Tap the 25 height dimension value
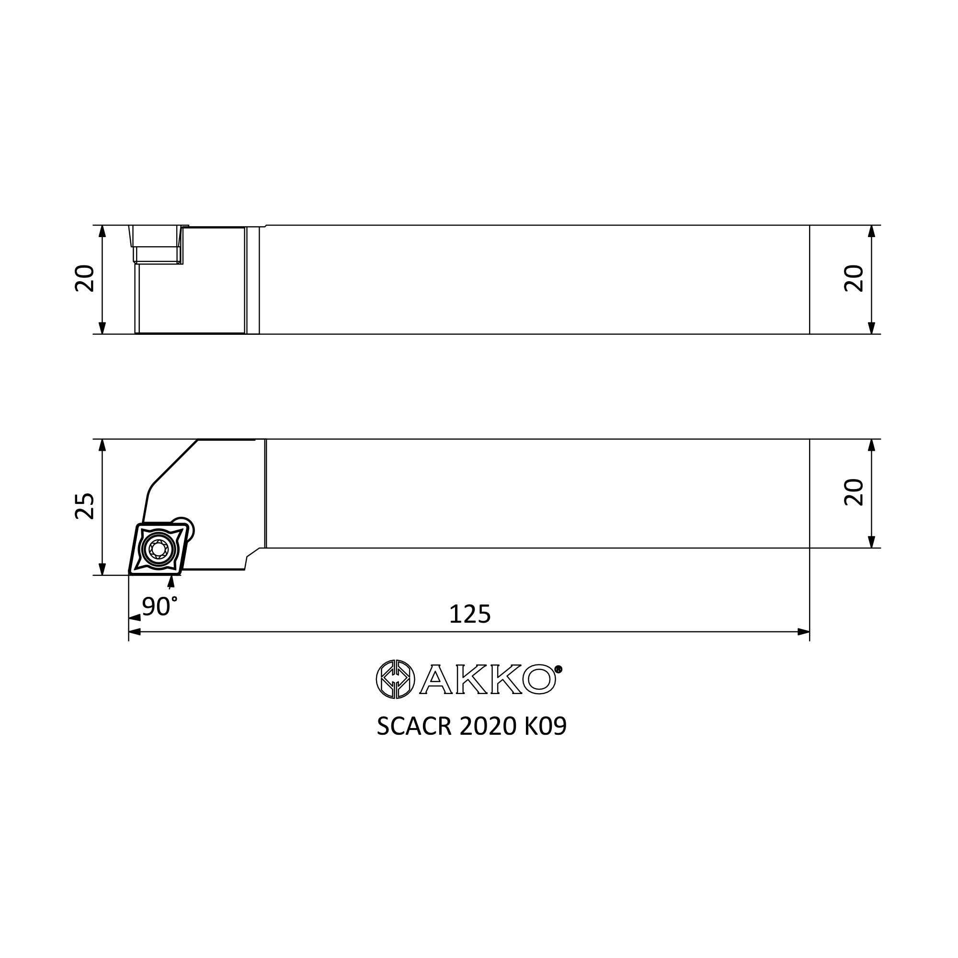(x=84, y=506)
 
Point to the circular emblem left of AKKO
(x=395, y=679)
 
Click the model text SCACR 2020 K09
(x=471, y=727)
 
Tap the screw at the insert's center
(x=158, y=548)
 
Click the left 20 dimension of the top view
(x=84, y=279)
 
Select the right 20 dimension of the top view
(x=854, y=279)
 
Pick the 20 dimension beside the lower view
(x=854, y=492)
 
